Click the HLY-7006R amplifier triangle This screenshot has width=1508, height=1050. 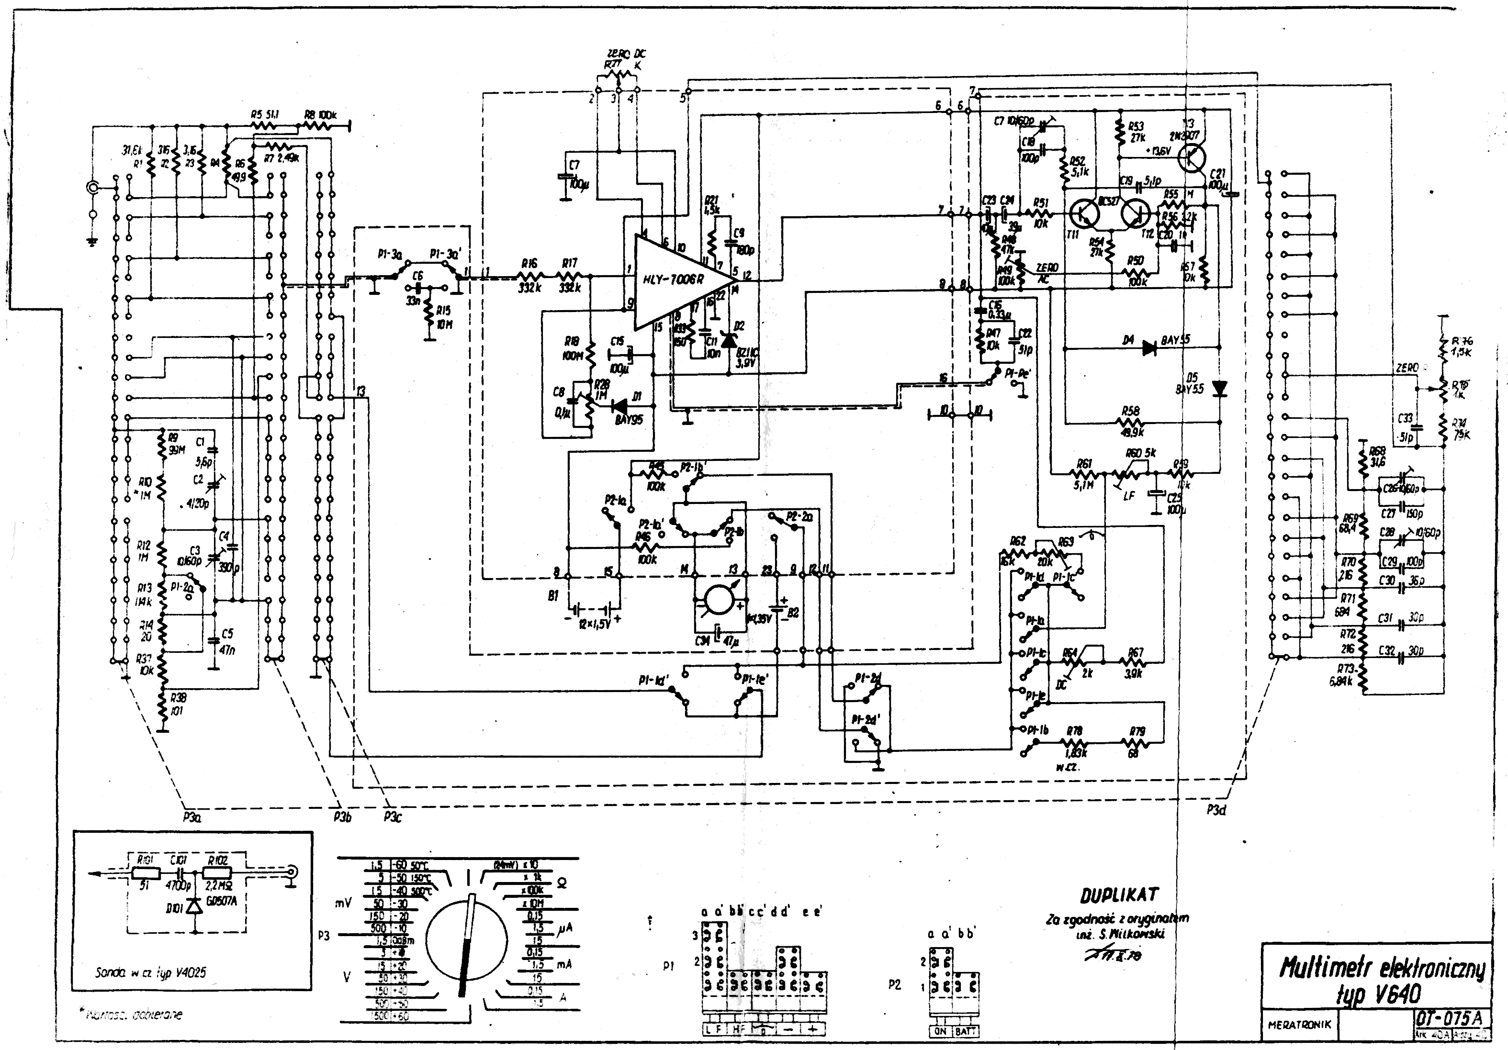pyautogui.click(x=676, y=280)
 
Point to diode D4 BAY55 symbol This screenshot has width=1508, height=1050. pyautogui.click(x=1149, y=348)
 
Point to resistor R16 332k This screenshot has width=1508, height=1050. pyautogui.click(x=529, y=279)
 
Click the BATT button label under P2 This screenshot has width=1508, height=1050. pyautogui.click(x=966, y=1031)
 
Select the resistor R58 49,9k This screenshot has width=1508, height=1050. pyautogui.click(x=1131, y=422)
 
